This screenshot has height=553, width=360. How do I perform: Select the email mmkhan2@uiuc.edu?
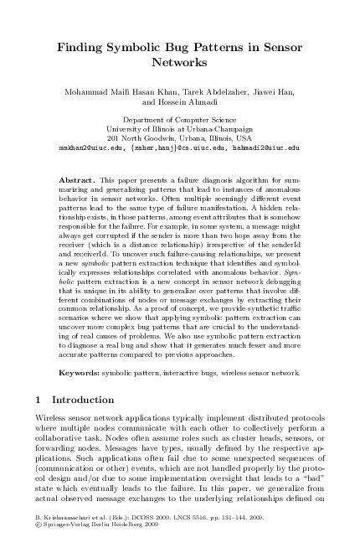point(89,146)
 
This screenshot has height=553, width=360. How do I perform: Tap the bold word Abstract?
point(79,180)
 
